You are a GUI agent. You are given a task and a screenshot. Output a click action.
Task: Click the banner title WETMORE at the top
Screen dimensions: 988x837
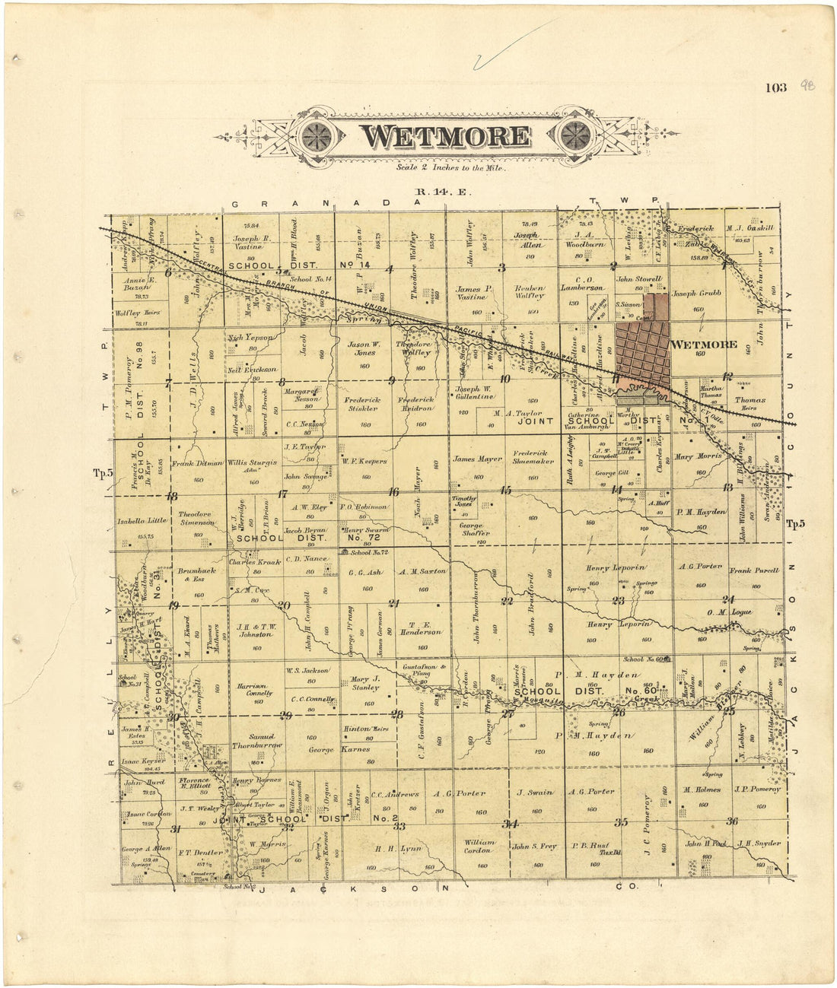point(445,136)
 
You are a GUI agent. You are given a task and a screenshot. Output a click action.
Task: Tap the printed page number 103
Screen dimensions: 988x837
point(776,87)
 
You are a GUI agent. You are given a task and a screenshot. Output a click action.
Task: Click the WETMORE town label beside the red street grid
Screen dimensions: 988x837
point(705,345)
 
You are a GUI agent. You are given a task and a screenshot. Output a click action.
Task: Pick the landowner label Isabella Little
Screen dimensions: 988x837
point(142,521)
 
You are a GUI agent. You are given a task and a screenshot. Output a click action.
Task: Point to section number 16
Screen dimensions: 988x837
point(393,492)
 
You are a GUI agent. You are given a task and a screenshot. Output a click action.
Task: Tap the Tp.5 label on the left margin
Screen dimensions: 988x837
point(103,473)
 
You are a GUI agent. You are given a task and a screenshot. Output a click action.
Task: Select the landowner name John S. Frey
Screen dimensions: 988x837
point(534,846)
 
